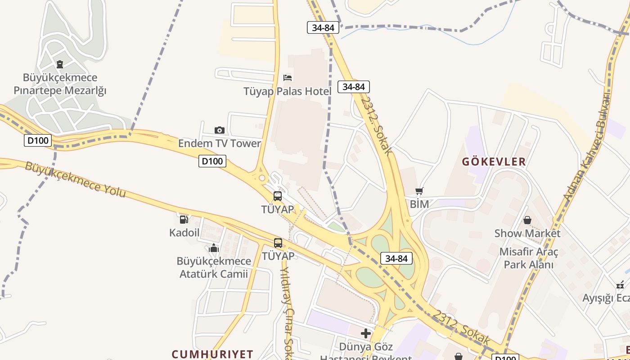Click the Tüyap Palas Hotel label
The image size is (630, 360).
pos(287,91)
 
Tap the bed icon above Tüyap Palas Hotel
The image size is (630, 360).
pos(288,78)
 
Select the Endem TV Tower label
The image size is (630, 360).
pos(220,144)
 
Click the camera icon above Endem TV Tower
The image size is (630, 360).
pos(220,130)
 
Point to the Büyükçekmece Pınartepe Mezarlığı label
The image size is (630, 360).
pos(60,84)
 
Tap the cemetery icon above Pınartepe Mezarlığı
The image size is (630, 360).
pos(60,64)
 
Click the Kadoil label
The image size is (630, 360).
pos(184,233)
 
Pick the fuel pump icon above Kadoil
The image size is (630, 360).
pos(184,220)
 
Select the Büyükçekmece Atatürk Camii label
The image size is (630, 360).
pos(214,267)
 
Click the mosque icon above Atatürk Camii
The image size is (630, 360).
pos(214,248)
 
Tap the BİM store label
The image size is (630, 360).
pos(419,204)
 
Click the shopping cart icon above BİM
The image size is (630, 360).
pos(419,191)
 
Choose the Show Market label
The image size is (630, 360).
pos(527,234)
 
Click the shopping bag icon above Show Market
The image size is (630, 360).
pos(527,220)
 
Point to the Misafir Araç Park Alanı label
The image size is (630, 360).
pos(529,258)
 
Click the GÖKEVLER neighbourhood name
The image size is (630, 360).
pos(494,162)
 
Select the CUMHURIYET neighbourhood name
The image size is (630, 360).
pos(212,354)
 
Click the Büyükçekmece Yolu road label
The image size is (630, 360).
pos(75,179)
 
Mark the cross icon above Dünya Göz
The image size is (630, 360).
pos(366,333)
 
